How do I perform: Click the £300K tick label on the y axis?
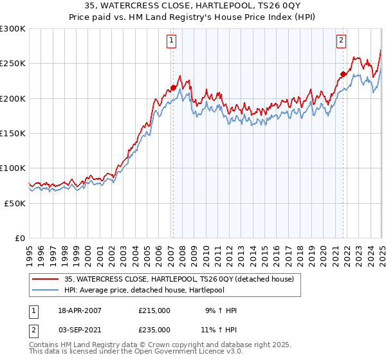[13, 29]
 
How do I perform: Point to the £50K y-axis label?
[15, 203]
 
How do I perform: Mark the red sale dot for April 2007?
[173, 87]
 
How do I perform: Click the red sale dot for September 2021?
[343, 74]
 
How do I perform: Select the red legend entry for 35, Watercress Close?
[179, 279]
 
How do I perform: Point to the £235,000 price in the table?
[154, 330]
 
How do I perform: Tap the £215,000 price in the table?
[154, 310]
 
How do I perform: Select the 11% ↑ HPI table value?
[218, 330]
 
